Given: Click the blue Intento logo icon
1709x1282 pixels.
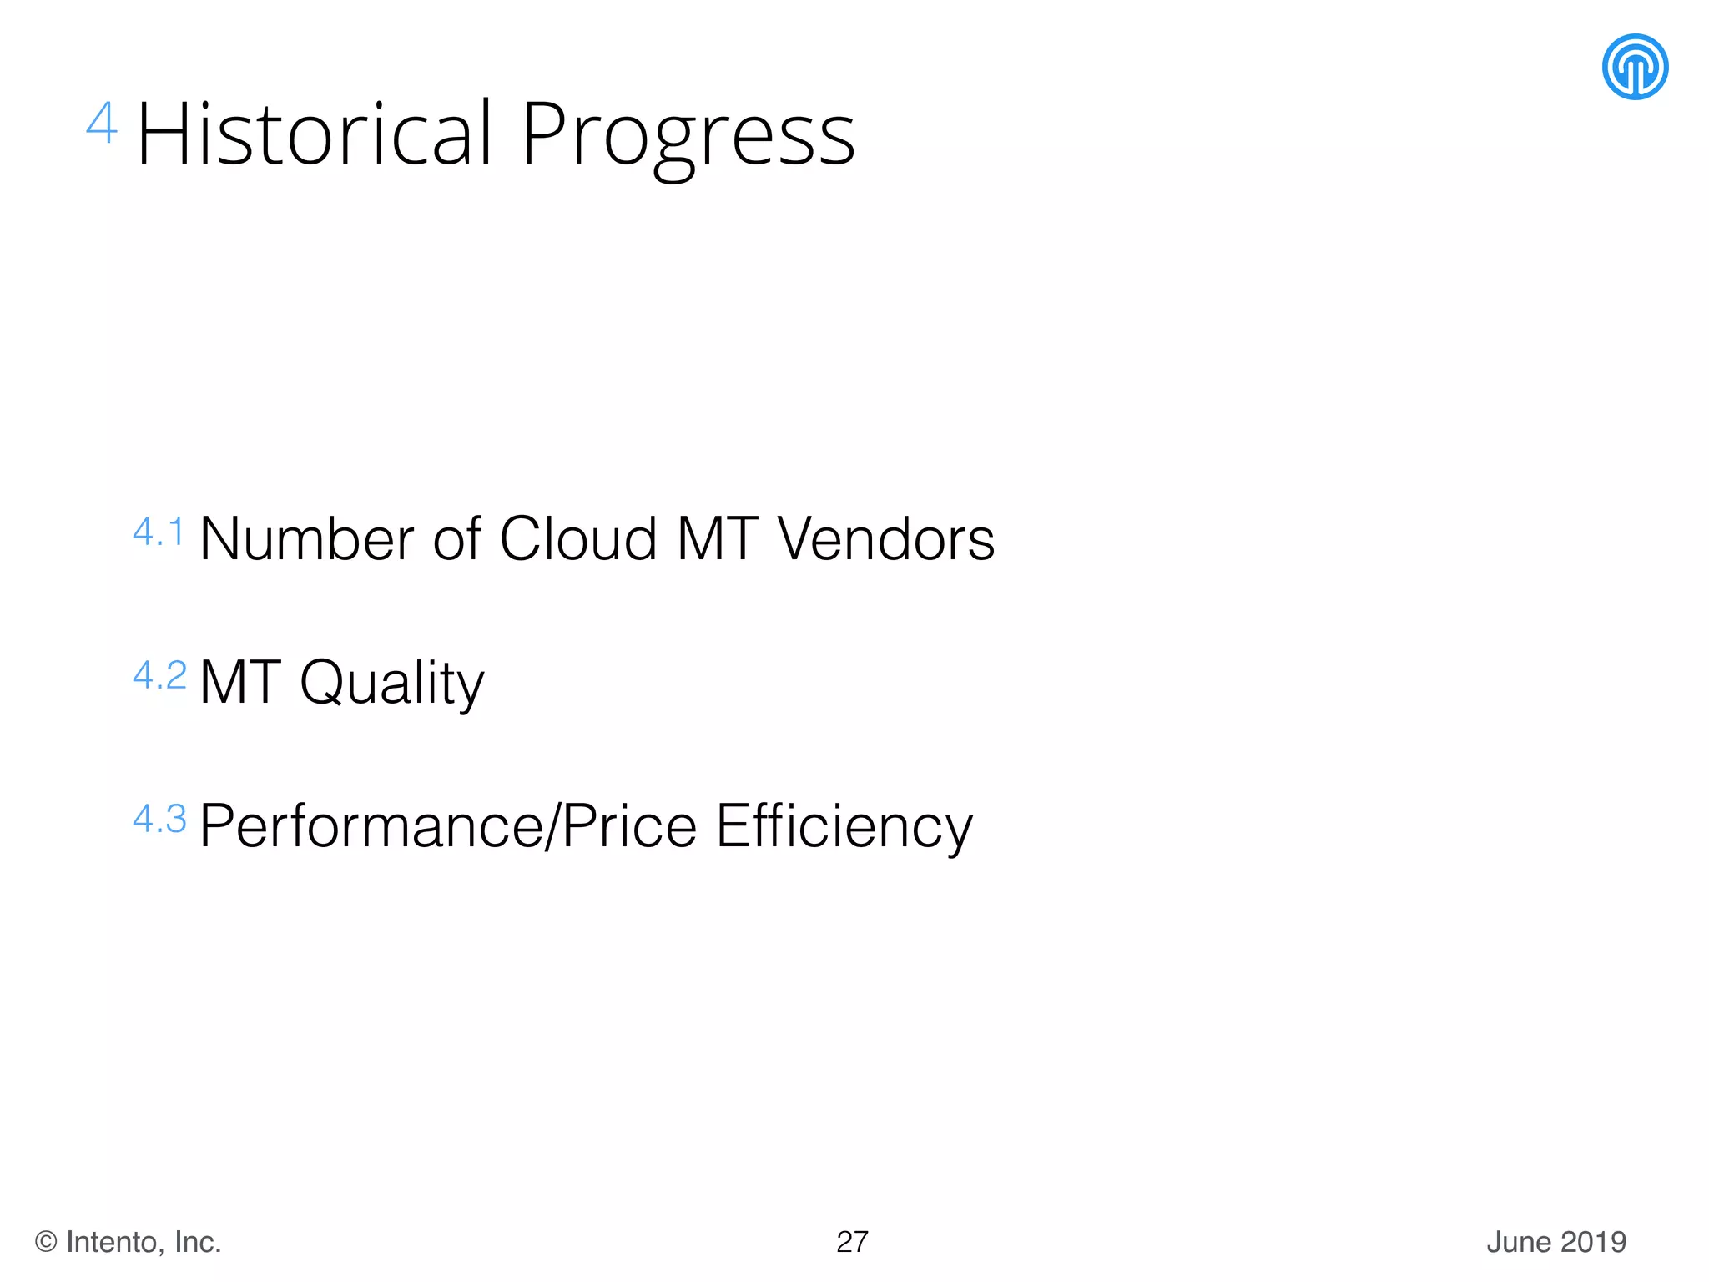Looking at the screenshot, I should (1635, 67).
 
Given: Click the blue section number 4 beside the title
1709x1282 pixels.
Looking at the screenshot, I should (102, 124).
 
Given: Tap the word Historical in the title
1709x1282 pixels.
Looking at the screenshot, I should (315, 134).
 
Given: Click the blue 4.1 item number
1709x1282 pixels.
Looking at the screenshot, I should (159, 532).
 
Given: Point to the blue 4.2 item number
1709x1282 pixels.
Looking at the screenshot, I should (159, 675).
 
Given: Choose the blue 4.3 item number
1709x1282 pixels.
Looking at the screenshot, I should (159, 819).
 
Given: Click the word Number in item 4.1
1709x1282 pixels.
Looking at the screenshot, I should (306, 538).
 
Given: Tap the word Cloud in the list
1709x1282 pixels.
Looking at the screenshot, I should (577, 538).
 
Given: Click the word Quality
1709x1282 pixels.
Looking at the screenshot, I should (391, 684).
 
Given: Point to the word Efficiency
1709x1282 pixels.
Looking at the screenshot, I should (844, 826).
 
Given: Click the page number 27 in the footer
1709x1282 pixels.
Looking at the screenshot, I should (852, 1242).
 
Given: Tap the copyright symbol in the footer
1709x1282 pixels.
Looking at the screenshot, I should (46, 1242).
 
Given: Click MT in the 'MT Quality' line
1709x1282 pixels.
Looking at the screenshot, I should (239, 683).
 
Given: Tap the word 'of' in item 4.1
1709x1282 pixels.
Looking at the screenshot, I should (456, 538).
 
